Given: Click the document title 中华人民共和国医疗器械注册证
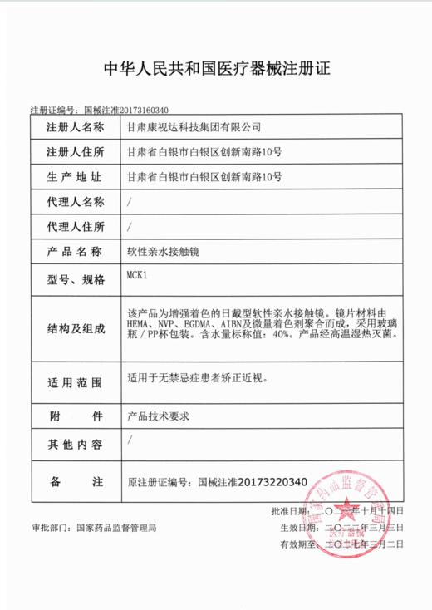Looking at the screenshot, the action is tap(215, 68).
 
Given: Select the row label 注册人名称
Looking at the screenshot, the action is tap(76, 128).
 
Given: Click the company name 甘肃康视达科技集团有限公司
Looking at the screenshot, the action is tap(193, 128).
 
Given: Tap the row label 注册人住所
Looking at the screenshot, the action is tap(76, 152).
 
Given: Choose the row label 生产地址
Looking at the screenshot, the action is tap(76, 177).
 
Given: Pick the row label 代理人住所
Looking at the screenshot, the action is tap(76, 227).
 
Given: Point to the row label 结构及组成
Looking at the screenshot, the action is tap(76, 328).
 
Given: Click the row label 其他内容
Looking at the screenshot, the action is tap(76, 444).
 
